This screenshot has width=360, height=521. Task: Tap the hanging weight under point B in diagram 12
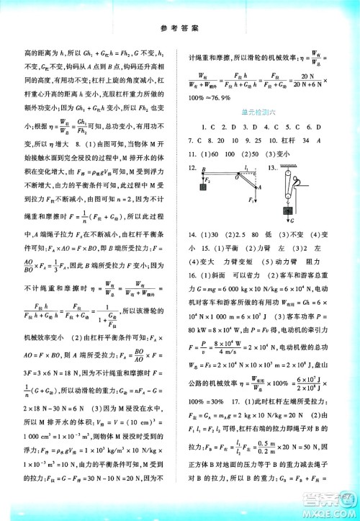(x=203, y=188)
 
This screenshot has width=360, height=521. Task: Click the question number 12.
(x=191, y=167)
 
